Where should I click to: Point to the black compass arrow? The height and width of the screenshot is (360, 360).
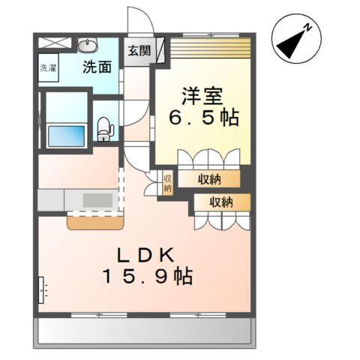[292, 44]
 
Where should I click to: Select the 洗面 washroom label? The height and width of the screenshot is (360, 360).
[97, 67]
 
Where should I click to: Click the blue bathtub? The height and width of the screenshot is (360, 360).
[65, 136]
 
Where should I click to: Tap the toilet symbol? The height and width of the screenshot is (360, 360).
[104, 128]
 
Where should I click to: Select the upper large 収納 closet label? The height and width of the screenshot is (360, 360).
[209, 178]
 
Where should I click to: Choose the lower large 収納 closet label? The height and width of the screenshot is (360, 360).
[221, 202]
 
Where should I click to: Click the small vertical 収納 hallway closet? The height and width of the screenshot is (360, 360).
[168, 183]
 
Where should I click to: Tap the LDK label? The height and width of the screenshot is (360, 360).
[145, 253]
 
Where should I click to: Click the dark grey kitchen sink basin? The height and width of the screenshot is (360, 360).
[96, 200]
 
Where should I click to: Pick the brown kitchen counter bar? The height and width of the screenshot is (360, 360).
[96, 222]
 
